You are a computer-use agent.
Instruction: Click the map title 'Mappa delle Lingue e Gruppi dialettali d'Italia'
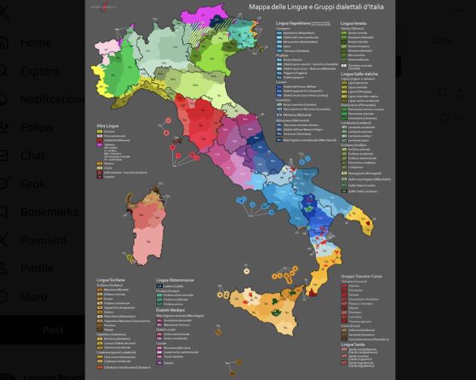pos(317,8)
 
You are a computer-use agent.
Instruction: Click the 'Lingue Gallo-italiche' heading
pos(359,73)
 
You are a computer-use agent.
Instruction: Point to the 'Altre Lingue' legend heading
pos(107,125)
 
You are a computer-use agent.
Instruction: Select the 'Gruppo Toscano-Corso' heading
pos(361,277)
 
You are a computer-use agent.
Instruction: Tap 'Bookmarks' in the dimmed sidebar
pos(48,212)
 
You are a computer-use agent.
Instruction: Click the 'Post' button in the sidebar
pos(52,329)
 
